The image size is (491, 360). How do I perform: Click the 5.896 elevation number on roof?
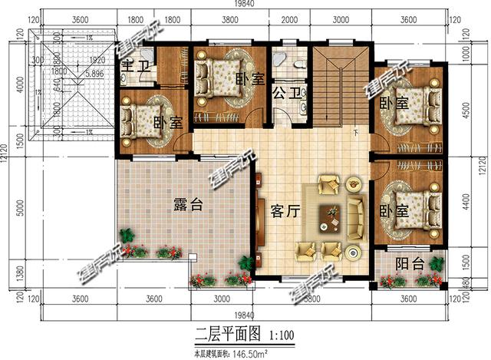coord(95,74)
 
